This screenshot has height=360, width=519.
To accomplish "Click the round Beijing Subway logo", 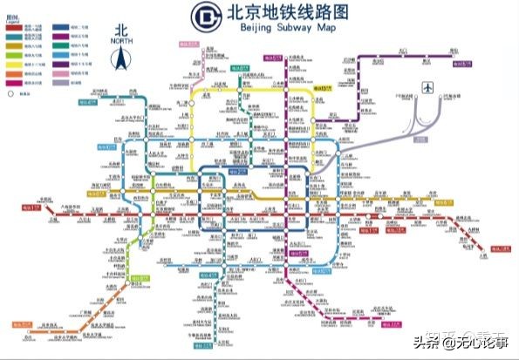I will click(206, 16).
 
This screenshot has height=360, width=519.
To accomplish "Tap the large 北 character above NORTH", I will click(122, 28).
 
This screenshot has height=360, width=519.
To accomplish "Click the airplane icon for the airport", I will click(427, 87).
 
